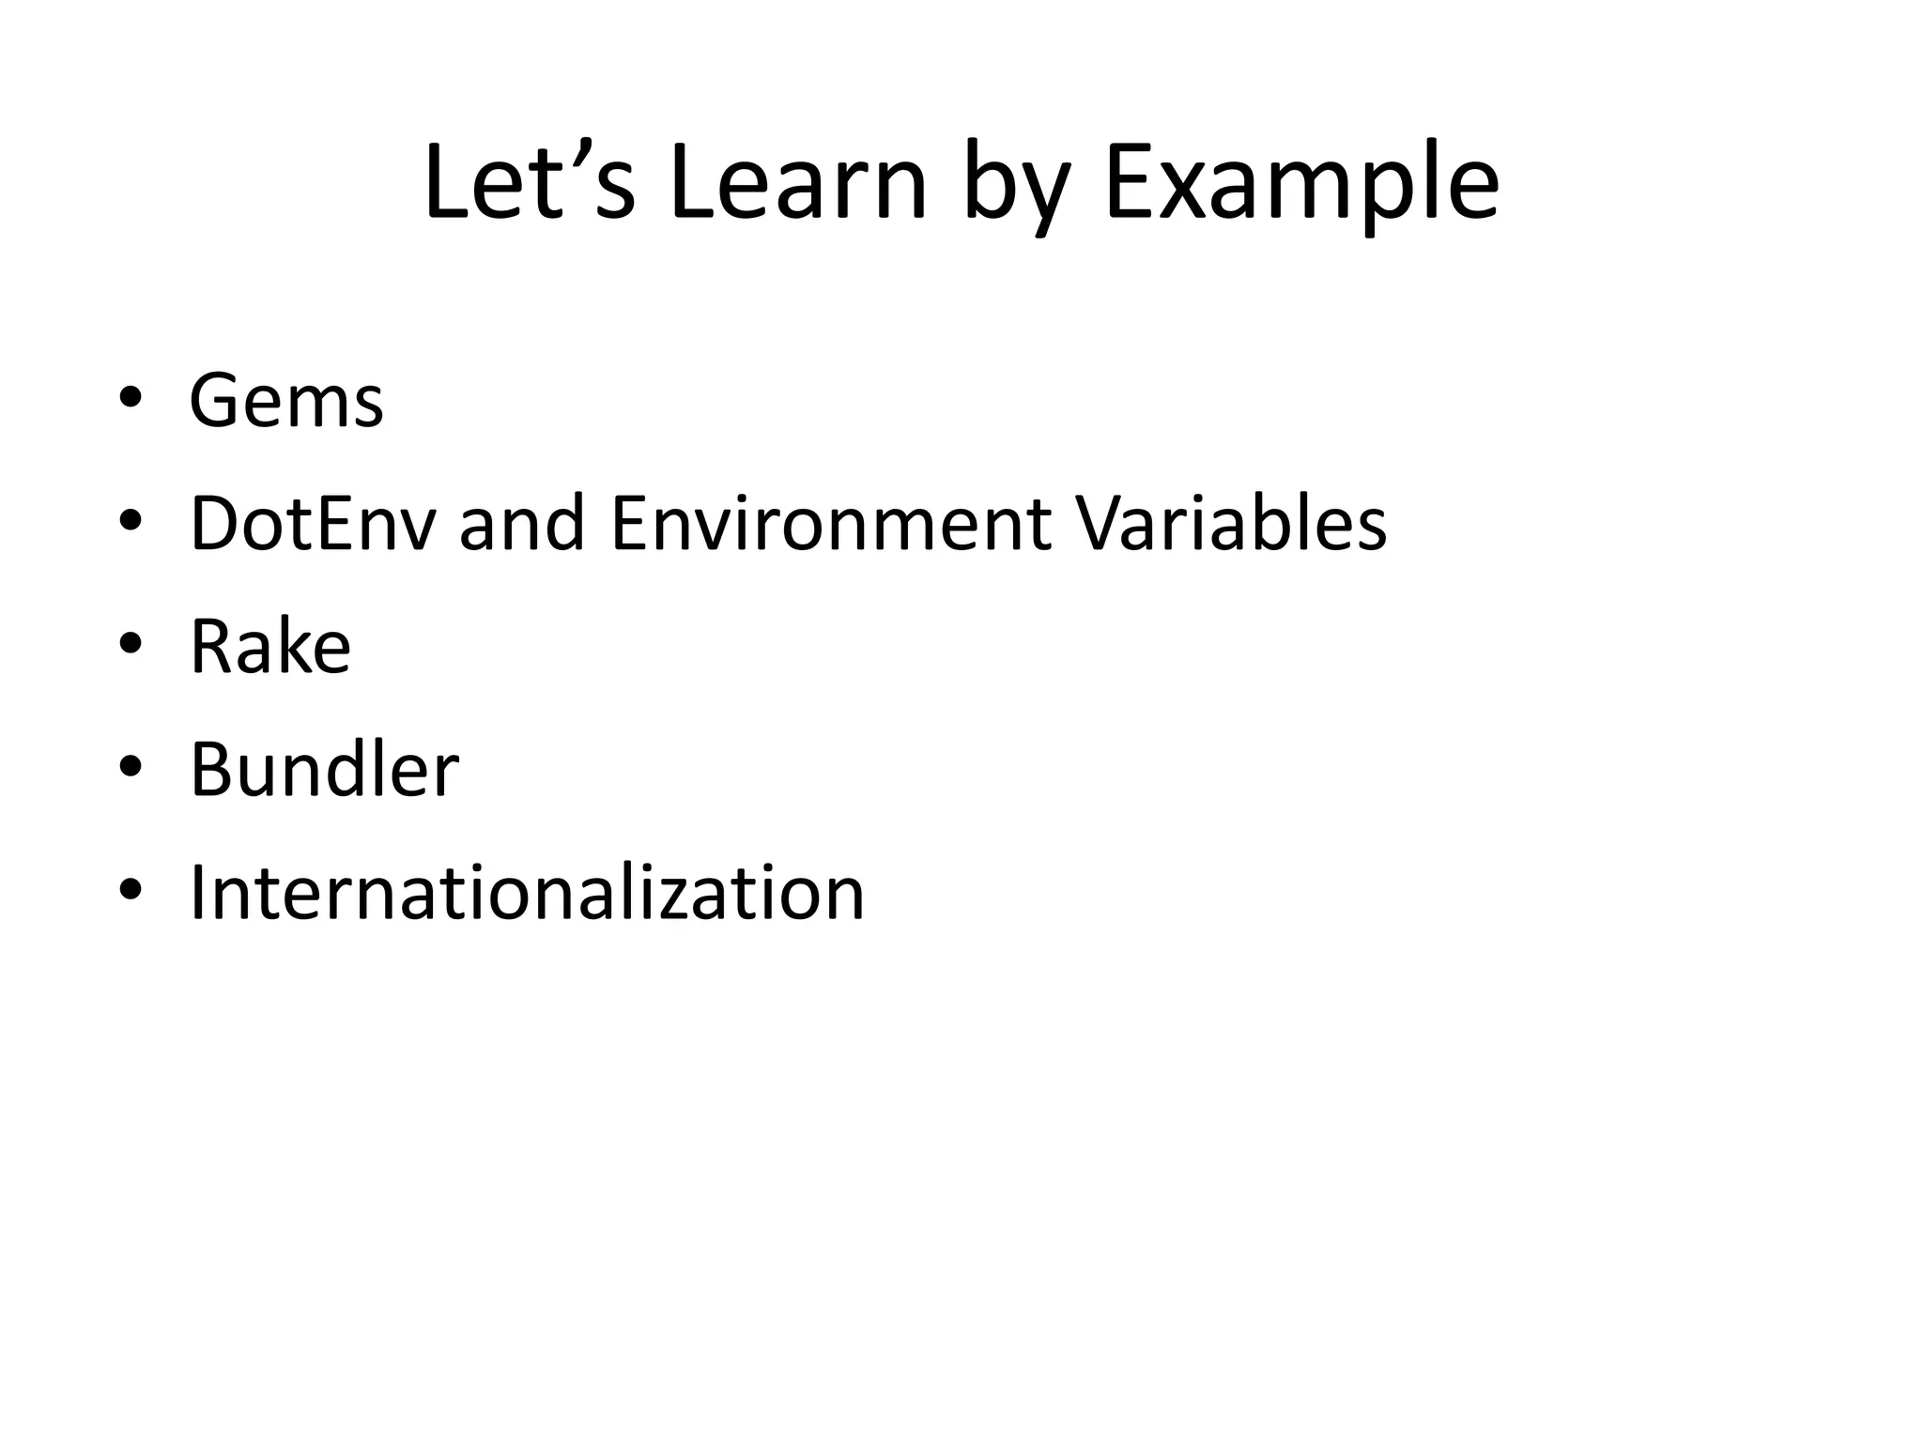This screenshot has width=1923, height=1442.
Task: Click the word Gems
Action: tap(286, 402)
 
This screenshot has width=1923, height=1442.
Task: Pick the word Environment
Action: tap(831, 524)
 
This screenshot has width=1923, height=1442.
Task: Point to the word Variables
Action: tap(1231, 524)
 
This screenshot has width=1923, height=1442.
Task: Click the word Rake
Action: tap(270, 647)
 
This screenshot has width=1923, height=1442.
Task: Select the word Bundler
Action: tap(324, 770)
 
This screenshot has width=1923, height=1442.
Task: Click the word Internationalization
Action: tap(527, 893)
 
